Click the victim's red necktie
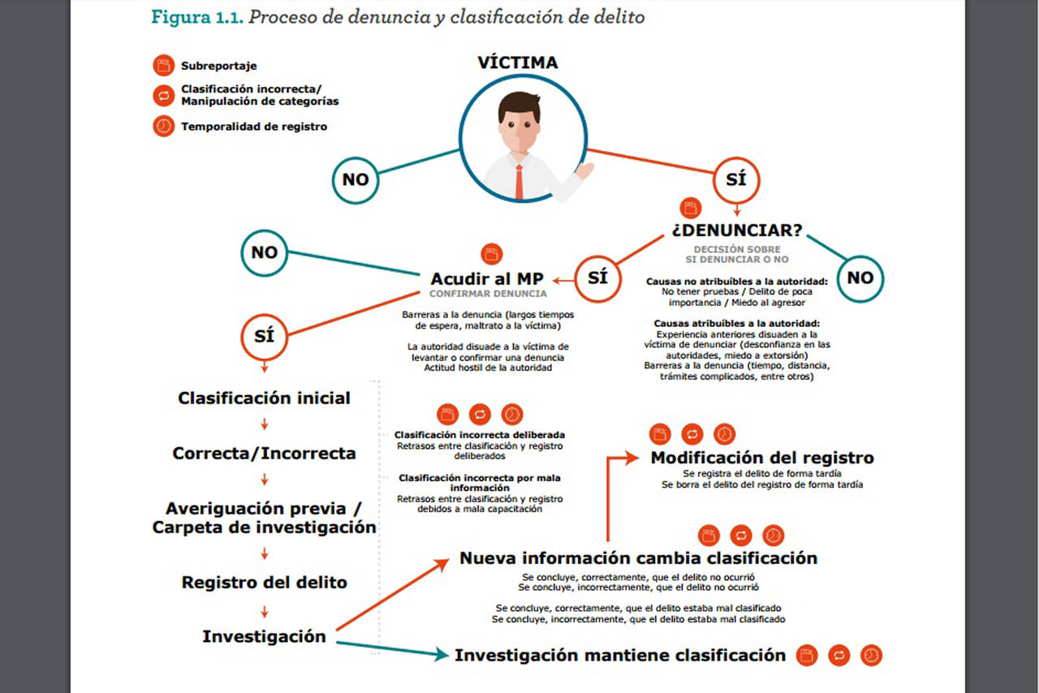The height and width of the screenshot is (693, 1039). point(519,182)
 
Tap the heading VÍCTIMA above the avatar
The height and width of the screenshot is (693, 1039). point(517,63)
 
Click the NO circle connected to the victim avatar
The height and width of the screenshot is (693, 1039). point(356,179)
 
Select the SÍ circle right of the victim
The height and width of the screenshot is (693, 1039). point(736,179)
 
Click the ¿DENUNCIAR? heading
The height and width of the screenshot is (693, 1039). point(736,230)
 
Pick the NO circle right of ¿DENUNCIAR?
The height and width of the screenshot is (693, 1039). point(860,278)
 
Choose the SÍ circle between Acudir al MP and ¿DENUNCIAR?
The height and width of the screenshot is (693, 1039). point(597,277)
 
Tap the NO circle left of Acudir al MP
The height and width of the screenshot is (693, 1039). point(265,252)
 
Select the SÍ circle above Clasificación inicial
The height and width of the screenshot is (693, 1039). point(265,335)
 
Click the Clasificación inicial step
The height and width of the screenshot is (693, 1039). point(265,398)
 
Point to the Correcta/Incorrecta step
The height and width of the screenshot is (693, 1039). point(265,454)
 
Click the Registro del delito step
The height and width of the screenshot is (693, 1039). point(265,583)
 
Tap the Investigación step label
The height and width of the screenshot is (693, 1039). point(265,637)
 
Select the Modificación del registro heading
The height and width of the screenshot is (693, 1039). point(762,458)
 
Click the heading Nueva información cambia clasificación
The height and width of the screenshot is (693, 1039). point(638,558)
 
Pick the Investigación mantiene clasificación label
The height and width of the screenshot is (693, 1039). point(620,655)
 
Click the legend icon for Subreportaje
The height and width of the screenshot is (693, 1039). point(163,66)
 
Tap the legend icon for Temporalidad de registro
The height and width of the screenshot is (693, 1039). point(163,127)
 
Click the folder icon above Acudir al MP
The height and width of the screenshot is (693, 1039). point(492,253)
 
